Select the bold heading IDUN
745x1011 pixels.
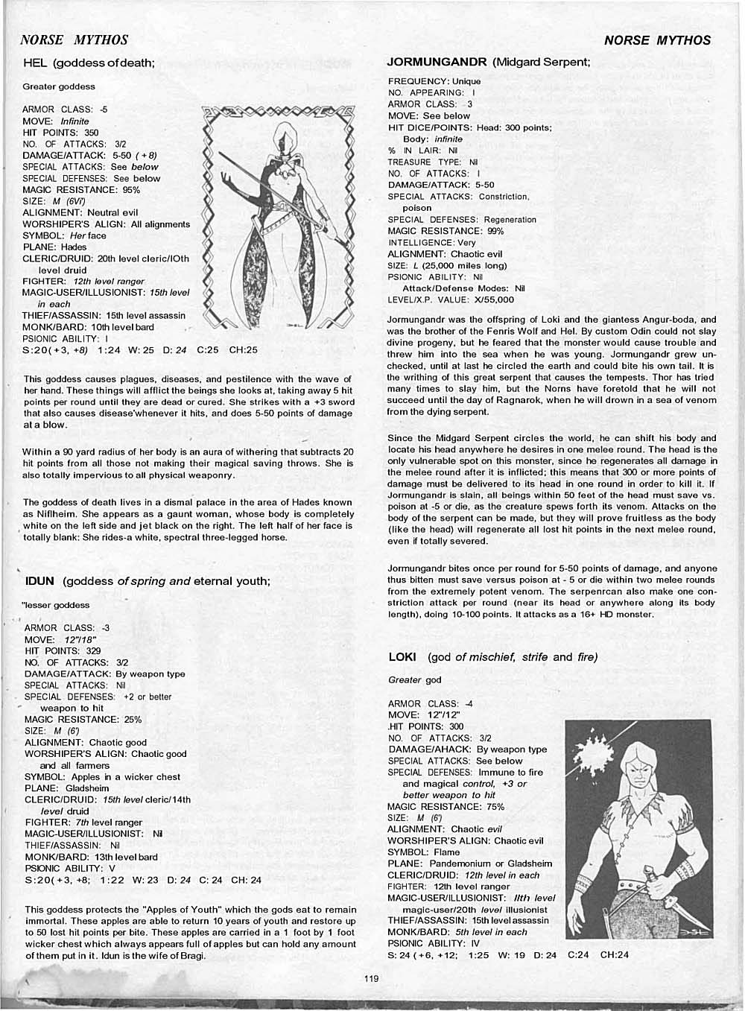40,581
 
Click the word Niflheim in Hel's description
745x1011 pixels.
45,514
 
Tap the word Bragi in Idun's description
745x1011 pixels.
189,956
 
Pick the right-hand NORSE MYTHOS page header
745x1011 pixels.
657,40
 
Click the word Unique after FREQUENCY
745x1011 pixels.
466,81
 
